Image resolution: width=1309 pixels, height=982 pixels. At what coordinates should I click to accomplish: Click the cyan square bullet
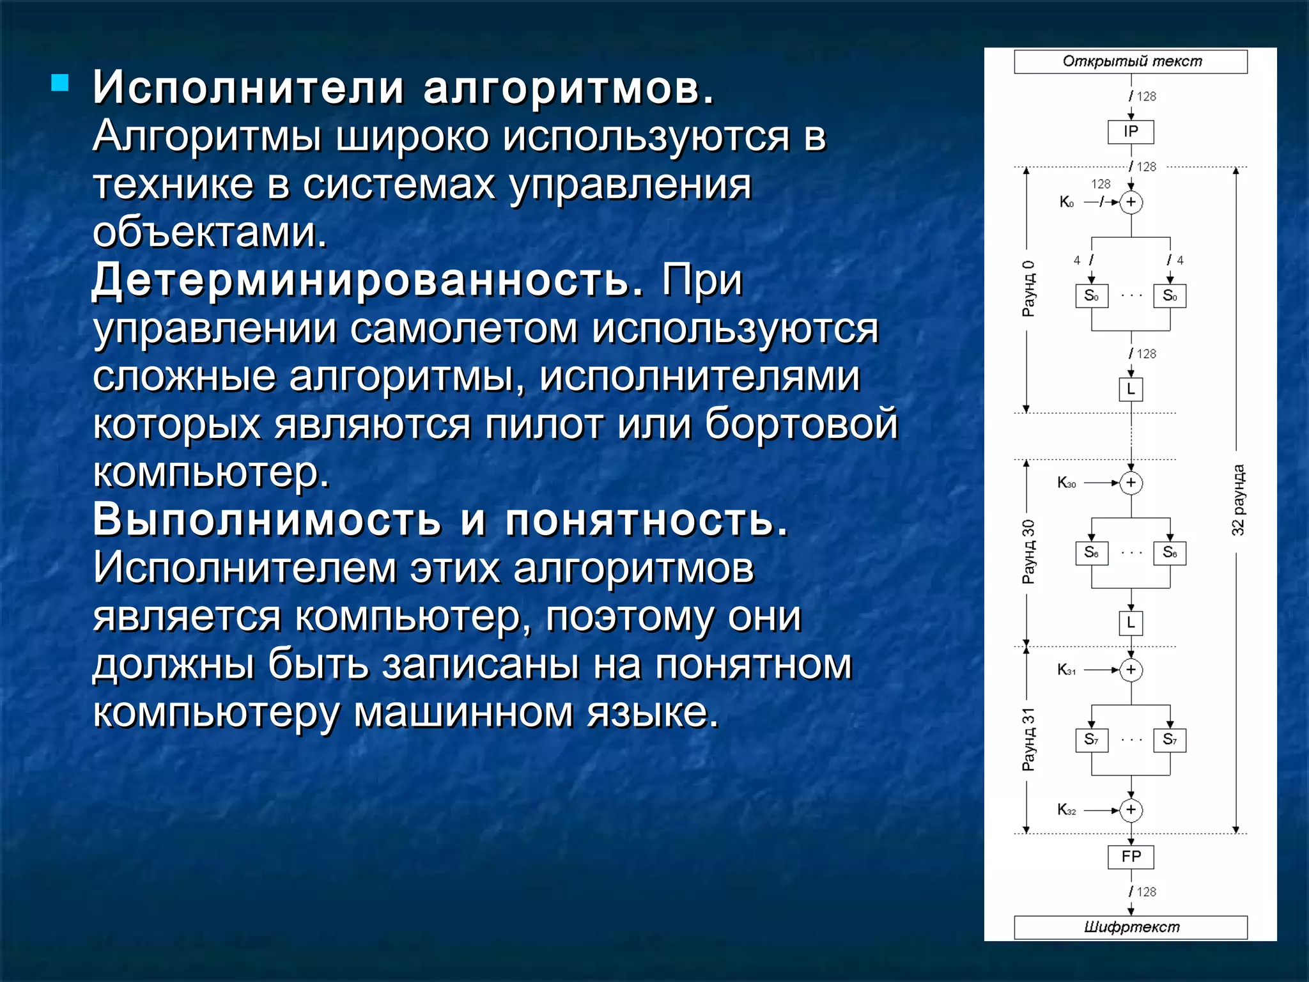pos(60,83)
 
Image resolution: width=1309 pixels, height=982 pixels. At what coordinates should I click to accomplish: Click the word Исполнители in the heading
pos(249,88)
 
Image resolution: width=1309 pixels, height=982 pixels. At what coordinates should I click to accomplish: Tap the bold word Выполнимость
pos(267,519)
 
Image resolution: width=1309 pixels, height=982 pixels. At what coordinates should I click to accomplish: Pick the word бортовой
pos(802,424)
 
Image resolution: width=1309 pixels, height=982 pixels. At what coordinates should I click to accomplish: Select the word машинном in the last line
pos(463,713)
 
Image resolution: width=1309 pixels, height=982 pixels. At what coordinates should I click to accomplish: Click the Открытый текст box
pos(1131,61)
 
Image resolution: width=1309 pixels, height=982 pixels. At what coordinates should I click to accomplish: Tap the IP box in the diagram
pos(1131,132)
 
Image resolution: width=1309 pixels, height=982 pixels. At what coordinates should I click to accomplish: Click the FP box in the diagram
pos(1131,857)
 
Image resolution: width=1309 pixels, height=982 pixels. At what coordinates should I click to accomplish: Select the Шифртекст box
pos(1131,927)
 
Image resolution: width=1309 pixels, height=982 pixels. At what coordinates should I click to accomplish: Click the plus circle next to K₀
pos(1131,202)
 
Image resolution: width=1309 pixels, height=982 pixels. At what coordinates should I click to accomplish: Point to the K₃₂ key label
pos(1066,810)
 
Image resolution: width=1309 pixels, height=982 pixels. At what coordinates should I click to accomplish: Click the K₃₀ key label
pos(1066,483)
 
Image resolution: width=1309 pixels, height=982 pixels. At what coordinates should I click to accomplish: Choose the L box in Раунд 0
pos(1131,389)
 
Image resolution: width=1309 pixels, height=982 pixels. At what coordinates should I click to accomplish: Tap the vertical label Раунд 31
pos(1028,739)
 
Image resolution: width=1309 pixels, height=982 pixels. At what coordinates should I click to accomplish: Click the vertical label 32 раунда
pos(1238,500)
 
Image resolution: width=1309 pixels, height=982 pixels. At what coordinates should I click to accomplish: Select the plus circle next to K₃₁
pos(1131,670)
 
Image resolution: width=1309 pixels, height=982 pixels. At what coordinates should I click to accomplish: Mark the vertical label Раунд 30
pos(1028,552)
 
